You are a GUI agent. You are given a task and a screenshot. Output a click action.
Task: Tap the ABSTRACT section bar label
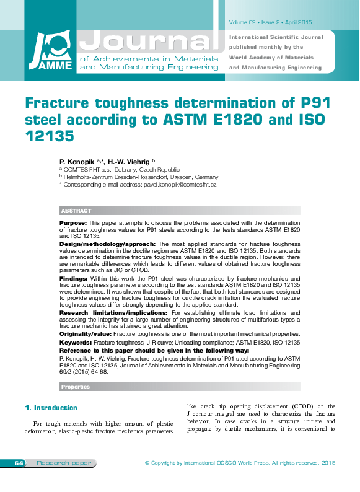pyautogui.click(x=76, y=211)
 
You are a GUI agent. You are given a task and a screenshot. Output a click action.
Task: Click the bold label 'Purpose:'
pyautogui.click(x=73, y=222)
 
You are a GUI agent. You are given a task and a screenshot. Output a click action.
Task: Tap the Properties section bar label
pyautogui.click(x=76, y=387)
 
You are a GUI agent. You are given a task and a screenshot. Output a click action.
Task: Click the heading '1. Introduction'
pyautogui.click(x=51, y=408)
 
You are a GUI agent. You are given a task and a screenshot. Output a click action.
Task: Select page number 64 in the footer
pyautogui.click(x=18, y=463)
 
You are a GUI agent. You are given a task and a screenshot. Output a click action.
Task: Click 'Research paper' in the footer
pyautogui.click(x=56, y=463)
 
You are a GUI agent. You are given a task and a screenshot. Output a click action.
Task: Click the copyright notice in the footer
pyautogui.click(x=239, y=463)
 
